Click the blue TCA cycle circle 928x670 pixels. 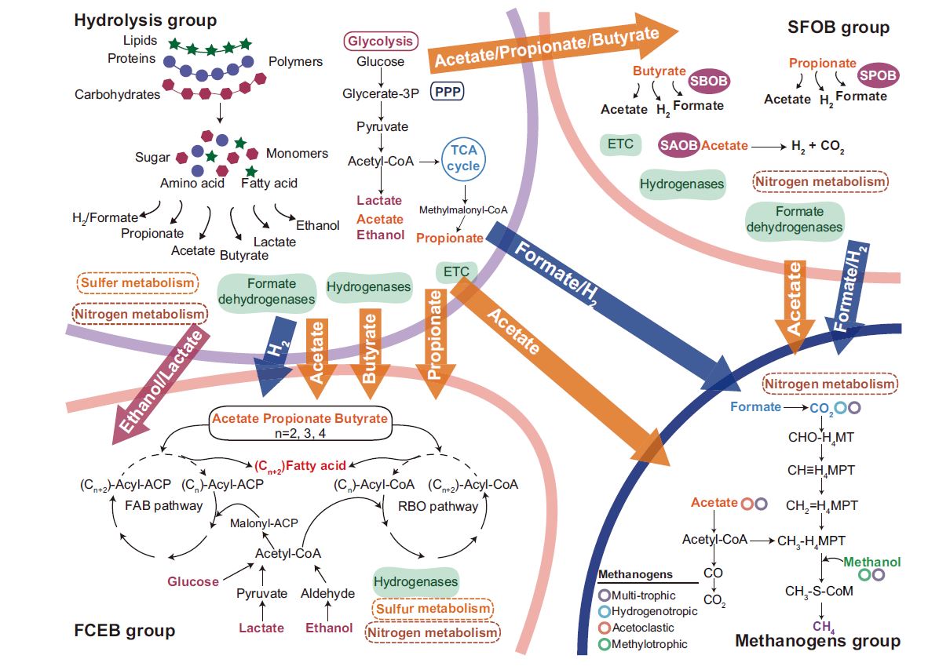coord(463,157)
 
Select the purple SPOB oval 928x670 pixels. coord(878,75)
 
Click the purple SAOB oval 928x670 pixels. coord(679,144)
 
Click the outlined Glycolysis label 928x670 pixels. coord(382,42)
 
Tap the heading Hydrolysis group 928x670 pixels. coord(145,20)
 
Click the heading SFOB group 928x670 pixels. coord(838,28)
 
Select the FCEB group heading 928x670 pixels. coord(125,630)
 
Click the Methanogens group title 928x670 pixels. coord(817,641)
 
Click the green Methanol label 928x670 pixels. coord(871,562)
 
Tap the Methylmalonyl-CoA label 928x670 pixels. coord(463,210)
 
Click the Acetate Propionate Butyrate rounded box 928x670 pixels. coord(299,424)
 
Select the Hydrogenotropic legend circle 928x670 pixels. coord(604,611)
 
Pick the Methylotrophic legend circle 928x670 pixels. coord(604,644)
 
